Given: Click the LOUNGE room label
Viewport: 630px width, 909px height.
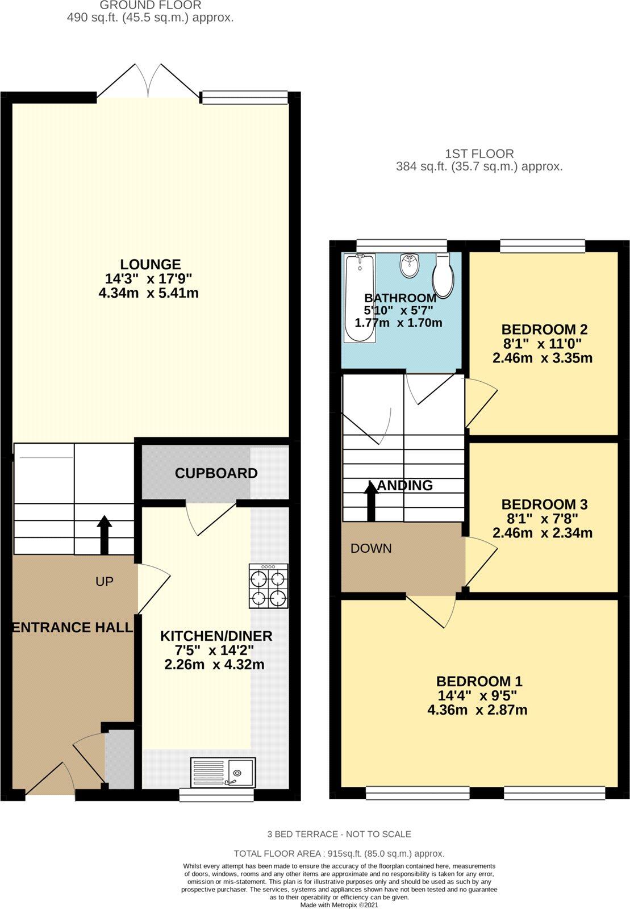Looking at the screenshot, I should (x=151, y=264).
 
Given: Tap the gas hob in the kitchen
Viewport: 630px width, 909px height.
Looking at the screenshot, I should (x=268, y=587).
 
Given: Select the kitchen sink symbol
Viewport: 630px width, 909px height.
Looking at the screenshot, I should (x=223, y=772).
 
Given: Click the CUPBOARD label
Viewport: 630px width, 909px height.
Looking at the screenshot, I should (x=216, y=473).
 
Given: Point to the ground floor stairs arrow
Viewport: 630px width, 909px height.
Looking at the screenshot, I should (x=105, y=535).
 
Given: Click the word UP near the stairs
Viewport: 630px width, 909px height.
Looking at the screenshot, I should (x=105, y=581).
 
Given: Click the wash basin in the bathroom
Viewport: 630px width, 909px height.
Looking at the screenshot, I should (x=408, y=264).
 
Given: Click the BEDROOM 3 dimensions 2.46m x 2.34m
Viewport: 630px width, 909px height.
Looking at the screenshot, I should (x=543, y=533).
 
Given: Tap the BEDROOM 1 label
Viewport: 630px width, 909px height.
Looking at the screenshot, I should (x=479, y=681).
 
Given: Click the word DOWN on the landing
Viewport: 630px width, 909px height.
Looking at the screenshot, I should (x=371, y=548).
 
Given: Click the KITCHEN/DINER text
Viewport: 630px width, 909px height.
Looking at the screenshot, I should (x=216, y=636).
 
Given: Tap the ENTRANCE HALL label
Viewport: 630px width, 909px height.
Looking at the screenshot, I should (x=72, y=627).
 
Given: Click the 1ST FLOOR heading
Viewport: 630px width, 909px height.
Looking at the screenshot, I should (x=479, y=153).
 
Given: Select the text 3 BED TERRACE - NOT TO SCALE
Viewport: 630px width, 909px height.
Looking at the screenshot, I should (x=339, y=834).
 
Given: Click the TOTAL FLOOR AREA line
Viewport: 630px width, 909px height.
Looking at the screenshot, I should (x=339, y=853).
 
